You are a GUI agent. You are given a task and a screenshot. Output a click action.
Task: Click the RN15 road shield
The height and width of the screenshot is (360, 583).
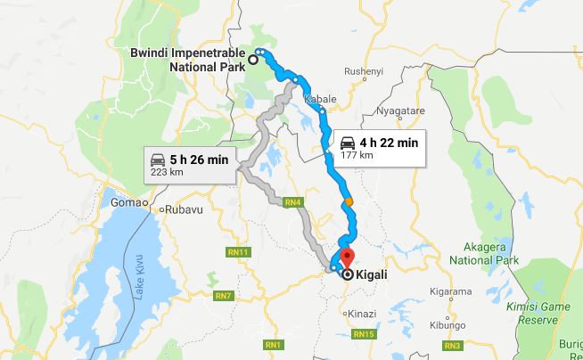(x=362, y=334)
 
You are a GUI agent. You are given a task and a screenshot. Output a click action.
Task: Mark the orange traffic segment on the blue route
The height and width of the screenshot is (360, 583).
(x=349, y=201)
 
